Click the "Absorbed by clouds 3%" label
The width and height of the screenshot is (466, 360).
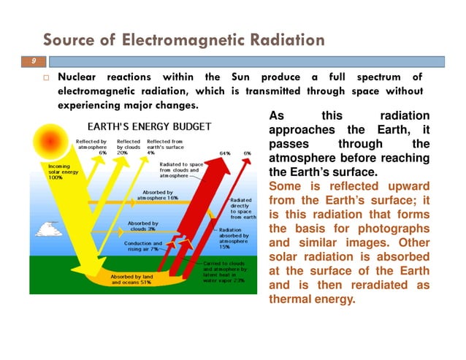point(143,226)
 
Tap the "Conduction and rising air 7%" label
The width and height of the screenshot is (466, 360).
point(142,247)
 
